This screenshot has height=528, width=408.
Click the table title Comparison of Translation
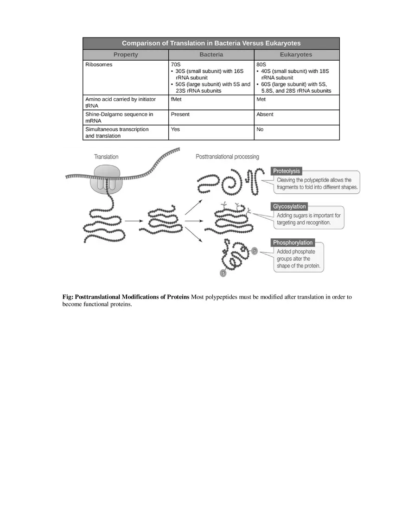[x=211, y=43]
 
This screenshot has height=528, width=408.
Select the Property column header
[x=126, y=55]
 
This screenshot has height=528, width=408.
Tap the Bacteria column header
[x=211, y=55]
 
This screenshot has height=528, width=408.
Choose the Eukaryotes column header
[x=296, y=55]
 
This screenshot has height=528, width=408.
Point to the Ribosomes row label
[x=99, y=65]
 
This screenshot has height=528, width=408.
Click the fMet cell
[x=176, y=99]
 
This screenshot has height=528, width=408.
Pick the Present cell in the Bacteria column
[x=180, y=114]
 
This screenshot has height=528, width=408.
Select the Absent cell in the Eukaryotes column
[x=265, y=114]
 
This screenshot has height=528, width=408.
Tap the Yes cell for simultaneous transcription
[x=175, y=129]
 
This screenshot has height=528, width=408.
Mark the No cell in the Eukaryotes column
[x=260, y=129]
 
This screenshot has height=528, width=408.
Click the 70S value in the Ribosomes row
[x=176, y=65]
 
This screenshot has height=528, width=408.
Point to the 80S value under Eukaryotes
[x=261, y=65]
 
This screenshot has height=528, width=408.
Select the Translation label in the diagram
[x=106, y=157]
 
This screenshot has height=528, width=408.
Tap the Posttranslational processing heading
[x=227, y=157]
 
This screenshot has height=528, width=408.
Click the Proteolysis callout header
[x=287, y=171]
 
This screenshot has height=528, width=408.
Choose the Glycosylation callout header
[x=289, y=207]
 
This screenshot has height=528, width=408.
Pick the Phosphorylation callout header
[x=293, y=242]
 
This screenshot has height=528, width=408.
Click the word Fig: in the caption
[x=68, y=297]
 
